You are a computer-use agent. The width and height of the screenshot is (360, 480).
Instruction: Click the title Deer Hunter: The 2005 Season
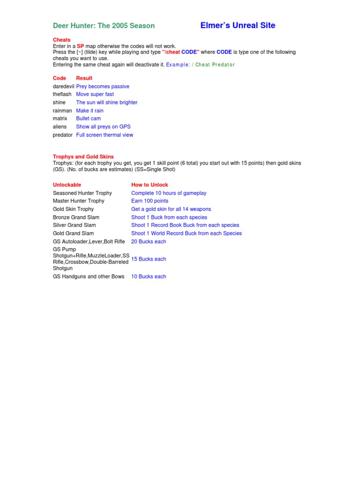tap(104, 26)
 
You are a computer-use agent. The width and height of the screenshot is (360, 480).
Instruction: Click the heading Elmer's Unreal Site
tap(238, 25)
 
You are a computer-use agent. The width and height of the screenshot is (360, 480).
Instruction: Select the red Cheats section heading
tap(61, 40)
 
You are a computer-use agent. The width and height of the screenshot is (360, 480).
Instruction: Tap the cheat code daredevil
tap(63, 86)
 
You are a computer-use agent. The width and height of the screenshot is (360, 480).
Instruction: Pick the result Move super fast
tap(95, 94)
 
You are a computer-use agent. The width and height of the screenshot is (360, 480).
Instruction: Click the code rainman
tap(63, 111)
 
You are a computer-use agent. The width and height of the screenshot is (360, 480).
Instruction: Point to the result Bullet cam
tap(88, 119)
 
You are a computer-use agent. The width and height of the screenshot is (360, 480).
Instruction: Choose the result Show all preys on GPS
tap(103, 127)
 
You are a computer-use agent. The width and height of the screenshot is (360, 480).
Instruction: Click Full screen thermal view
tap(105, 135)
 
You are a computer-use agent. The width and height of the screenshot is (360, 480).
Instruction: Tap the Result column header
tap(84, 78)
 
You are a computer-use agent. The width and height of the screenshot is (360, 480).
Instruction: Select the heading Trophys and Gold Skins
tap(83, 157)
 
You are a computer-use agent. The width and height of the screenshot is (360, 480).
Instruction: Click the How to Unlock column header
tap(150, 185)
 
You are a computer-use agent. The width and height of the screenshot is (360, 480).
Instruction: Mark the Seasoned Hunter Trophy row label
tap(82, 193)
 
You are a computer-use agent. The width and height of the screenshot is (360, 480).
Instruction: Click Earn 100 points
tap(150, 201)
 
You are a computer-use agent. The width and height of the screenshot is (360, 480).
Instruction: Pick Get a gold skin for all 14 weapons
tap(171, 209)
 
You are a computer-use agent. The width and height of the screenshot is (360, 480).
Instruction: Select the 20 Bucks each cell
tap(149, 241)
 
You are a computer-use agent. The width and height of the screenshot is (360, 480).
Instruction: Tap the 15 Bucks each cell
tap(149, 259)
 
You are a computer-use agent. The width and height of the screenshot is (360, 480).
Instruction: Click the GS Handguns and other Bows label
tap(89, 277)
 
